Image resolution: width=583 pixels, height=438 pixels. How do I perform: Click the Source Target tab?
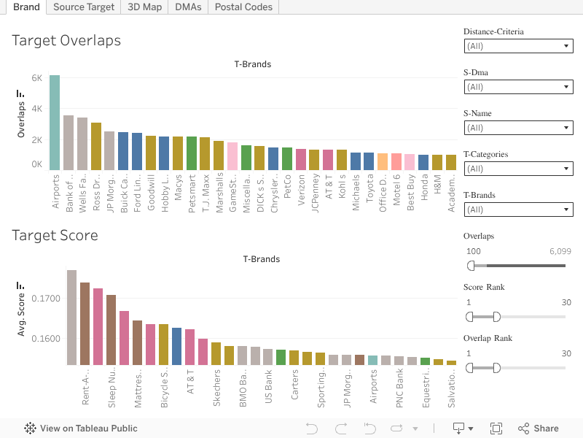(84, 7)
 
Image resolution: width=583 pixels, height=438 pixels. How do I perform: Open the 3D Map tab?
(144, 7)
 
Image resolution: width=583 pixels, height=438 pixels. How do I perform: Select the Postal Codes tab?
(243, 7)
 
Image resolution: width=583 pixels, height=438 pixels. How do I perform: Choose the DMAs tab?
(188, 7)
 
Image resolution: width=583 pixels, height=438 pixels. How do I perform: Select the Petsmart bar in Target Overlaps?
(192, 153)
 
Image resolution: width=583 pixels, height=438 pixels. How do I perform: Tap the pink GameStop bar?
(232, 155)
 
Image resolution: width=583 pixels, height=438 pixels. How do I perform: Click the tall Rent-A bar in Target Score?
(71, 318)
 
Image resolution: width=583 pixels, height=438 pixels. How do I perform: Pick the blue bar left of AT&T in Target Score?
(176, 346)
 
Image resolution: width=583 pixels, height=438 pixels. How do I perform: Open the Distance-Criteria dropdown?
(518, 46)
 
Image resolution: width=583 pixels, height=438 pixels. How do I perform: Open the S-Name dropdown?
(518, 128)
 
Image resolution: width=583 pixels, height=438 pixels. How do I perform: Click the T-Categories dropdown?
(518, 169)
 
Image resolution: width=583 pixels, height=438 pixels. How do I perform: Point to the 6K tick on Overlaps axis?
(36, 77)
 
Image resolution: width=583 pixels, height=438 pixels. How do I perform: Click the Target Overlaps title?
(66, 41)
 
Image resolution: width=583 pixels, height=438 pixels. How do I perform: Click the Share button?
(538, 429)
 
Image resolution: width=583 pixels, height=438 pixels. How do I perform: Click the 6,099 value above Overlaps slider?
(560, 251)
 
